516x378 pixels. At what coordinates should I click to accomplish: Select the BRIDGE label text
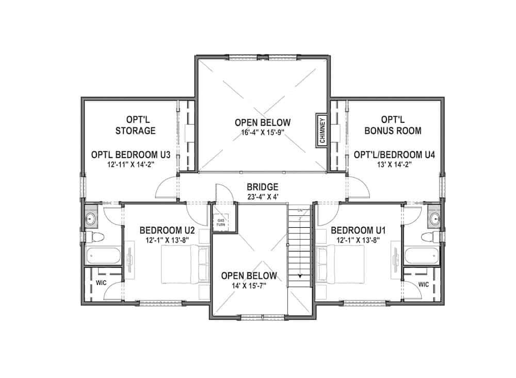point(263,187)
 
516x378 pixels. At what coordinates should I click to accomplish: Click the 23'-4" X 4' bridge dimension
point(263,197)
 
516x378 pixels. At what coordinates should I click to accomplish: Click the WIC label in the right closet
point(424,284)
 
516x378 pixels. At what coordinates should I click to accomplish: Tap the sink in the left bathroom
point(92,218)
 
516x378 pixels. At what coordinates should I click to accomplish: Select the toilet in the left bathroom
point(95,237)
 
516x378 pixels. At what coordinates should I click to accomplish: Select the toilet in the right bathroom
point(428,237)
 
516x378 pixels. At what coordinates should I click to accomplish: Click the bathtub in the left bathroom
point(103,256)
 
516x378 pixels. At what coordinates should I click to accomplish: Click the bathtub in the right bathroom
point(421,256)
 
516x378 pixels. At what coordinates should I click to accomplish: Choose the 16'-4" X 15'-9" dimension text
point(263,132)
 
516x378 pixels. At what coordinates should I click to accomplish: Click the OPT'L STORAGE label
point(135,125)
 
